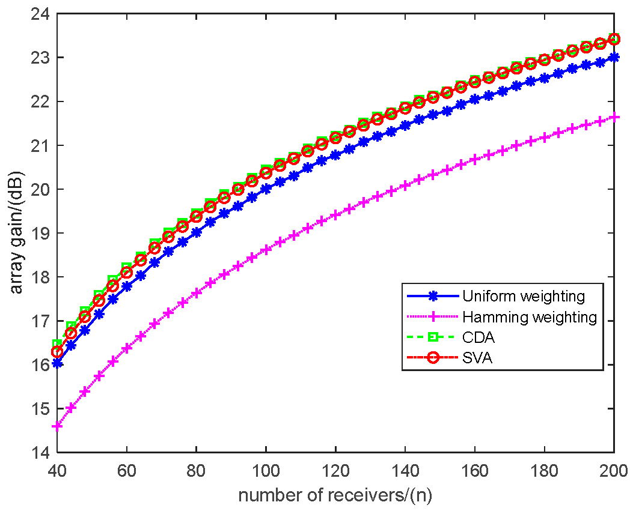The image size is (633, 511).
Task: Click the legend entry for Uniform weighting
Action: pyautogui.click(x=523, y=295)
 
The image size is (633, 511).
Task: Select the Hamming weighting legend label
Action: pyautogui.click(x=530, y=317)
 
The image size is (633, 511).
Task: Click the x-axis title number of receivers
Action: pyautogui.click(x=335, y=495)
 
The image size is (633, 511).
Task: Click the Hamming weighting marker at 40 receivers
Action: pyautogui.click(x=57, y=426)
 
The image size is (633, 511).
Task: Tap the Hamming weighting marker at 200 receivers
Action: pyautogui.click(x=613, y=116)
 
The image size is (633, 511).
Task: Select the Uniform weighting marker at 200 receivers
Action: pyautogui.click(x=613, y=58)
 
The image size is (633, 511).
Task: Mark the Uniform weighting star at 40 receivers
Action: pyautogui.click(x=57, y=363)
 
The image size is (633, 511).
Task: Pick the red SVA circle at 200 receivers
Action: pyautogui.click(x=613, y=39)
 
